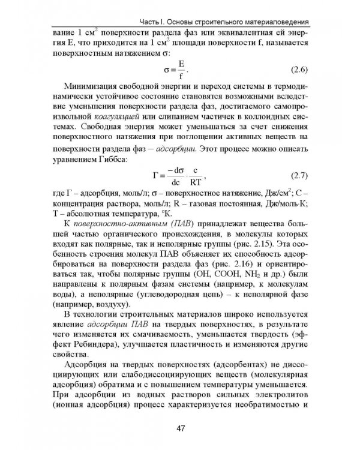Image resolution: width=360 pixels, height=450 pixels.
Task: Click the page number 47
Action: [179, 427]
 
